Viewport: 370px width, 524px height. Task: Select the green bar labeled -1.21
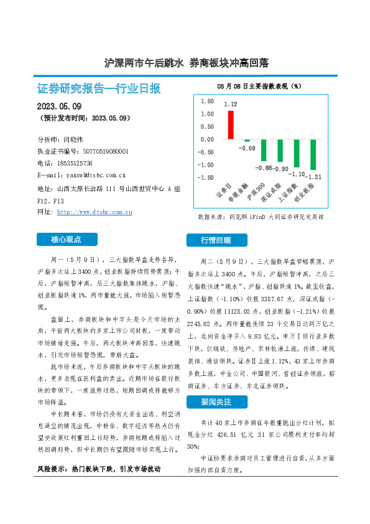coord(313,154)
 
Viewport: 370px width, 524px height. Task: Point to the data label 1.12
coord(231,105)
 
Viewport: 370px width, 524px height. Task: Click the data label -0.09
coord(247,148)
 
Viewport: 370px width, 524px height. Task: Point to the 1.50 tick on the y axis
coord(206,101)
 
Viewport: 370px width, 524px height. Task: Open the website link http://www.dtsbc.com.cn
coord(95,212)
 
